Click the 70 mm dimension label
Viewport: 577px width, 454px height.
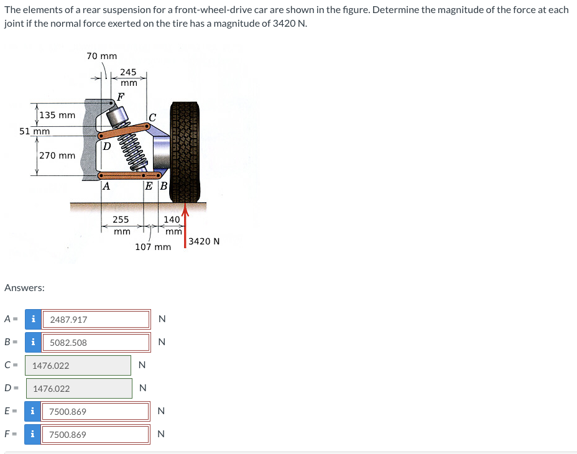click(101, 56)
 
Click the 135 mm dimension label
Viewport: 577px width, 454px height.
click(57, 115)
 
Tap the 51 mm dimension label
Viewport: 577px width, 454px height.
click(35, 131)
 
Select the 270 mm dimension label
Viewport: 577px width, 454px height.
click(57, 155)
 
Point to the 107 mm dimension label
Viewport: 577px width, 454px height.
click(153, 247)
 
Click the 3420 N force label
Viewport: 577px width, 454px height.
click(204, 241)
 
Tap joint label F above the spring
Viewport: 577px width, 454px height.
click(120, 96)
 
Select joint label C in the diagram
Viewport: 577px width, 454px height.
click(152, 116)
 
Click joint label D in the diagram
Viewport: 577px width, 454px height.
click(106, 147)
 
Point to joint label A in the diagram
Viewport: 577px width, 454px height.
click(106, 185)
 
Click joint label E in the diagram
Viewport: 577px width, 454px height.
click(150, 185)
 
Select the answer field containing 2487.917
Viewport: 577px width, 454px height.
click(98, 320)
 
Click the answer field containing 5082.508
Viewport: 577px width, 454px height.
click(98, 343)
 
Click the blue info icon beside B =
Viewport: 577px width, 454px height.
click(32, 343)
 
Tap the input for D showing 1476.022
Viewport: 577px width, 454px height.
click(78, 389)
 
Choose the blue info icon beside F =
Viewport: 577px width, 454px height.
click(32, 435)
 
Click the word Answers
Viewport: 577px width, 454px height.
click(24, 288)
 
